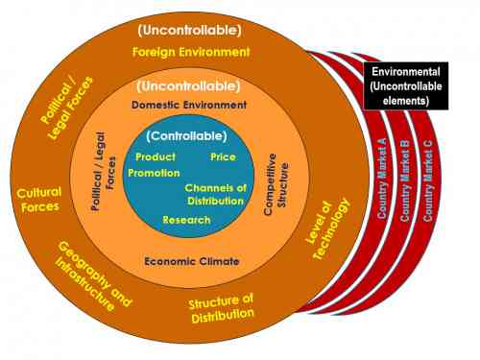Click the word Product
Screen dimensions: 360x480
[x=155, y=156]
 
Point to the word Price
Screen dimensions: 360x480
[x=223, y=156]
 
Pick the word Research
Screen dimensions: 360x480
[x=186, y=220]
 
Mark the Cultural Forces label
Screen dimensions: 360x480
[x=38, y=199]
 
